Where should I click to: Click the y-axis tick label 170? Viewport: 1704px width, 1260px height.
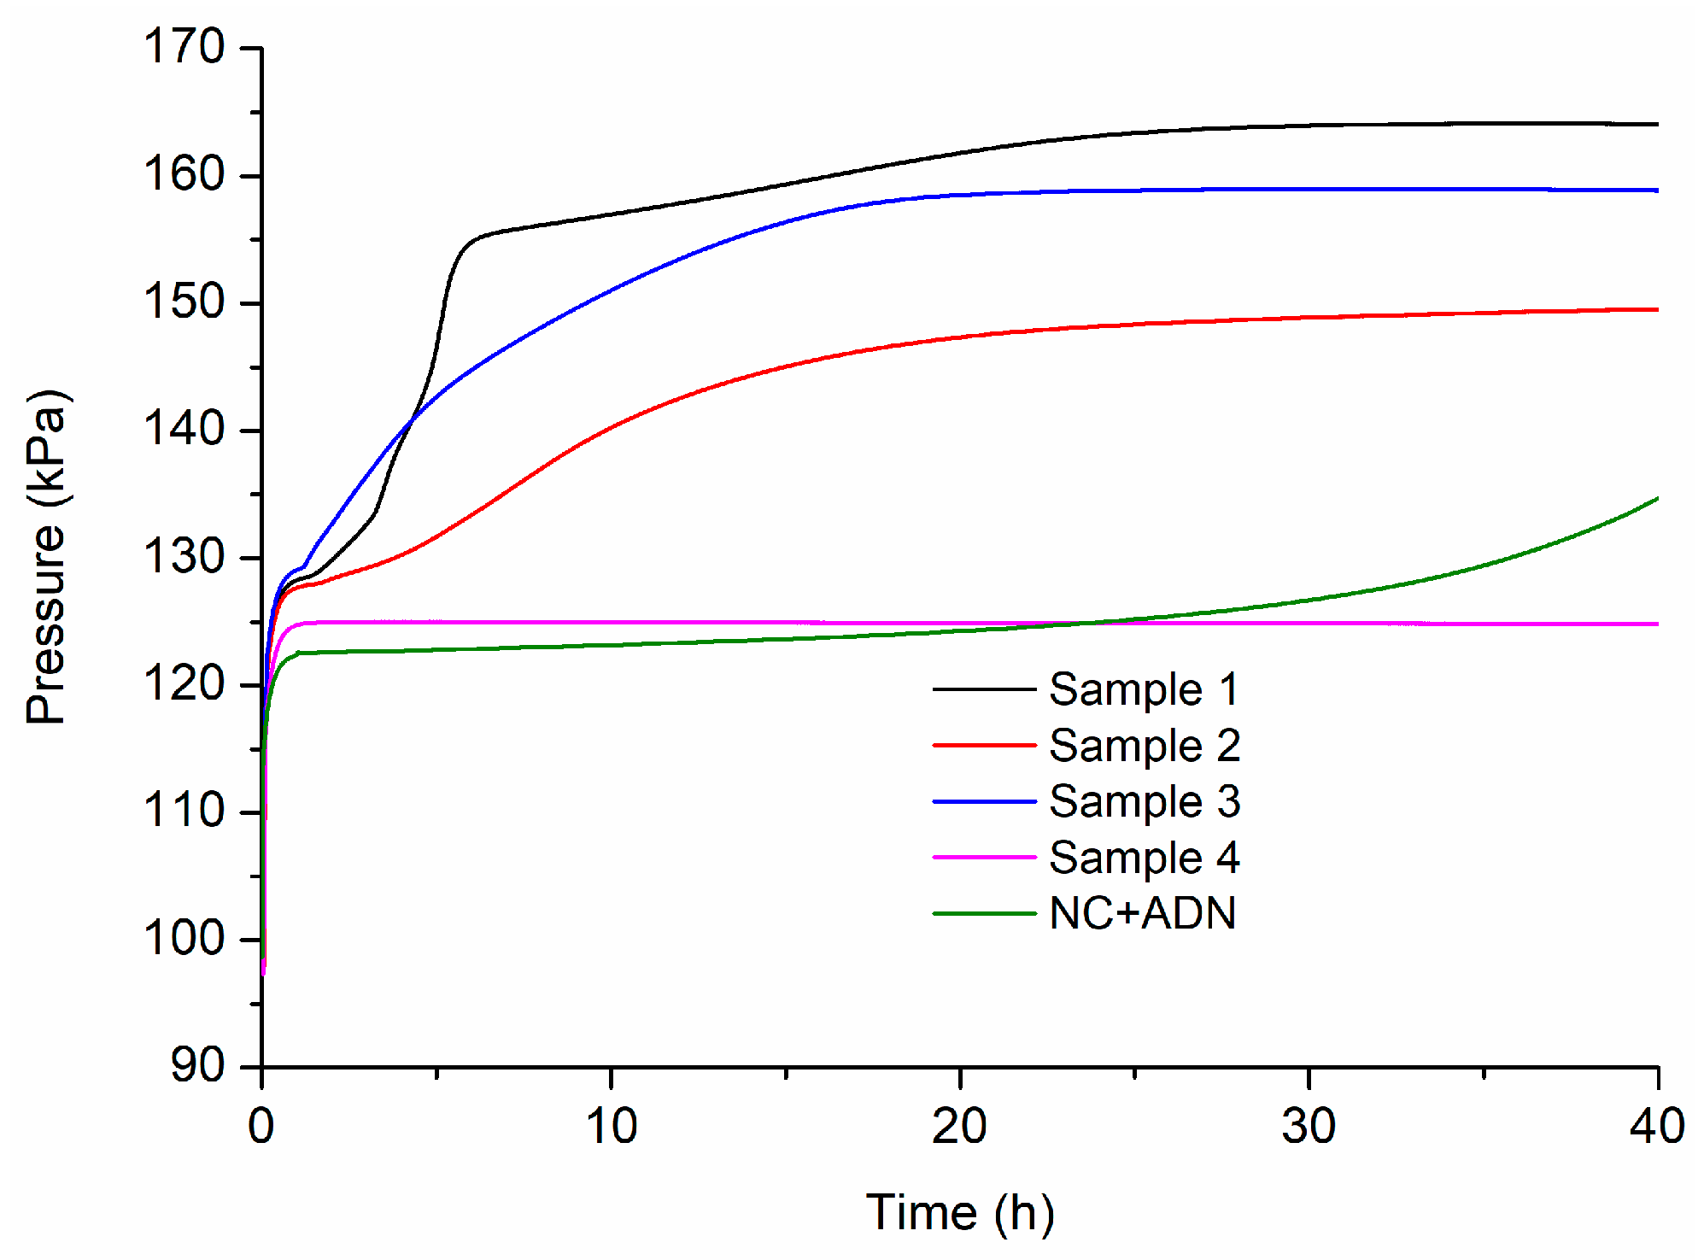click(184, 47)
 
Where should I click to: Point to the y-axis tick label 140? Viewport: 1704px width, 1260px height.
click(184, 429)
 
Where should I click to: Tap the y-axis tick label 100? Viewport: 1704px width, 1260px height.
click(184, 938)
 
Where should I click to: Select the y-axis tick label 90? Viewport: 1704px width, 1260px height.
click(197, 1065)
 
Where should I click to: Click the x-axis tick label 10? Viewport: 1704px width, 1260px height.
click(611, 1126)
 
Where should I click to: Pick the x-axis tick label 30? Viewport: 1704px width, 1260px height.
click(1309, 1126)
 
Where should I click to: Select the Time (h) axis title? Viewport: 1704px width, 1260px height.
click(960, 1213)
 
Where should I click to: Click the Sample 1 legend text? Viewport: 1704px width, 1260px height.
click(1144, 689)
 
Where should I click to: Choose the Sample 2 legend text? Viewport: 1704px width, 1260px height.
click(1145, 746)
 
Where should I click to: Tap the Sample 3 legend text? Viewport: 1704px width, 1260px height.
click(1145, 801)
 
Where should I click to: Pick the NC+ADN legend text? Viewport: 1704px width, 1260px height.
click(1142, 913)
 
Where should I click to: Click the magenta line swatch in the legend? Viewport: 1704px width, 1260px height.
click(984, 857)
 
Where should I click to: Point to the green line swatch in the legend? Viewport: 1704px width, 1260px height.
click(984, 913)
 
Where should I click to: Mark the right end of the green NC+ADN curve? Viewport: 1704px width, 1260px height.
click(1656, 498)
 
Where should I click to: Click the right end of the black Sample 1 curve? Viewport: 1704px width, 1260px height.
click(1656, 124)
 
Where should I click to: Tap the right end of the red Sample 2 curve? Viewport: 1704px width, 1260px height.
click(1656, 309)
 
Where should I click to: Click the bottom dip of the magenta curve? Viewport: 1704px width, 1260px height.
click(264, 971)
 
